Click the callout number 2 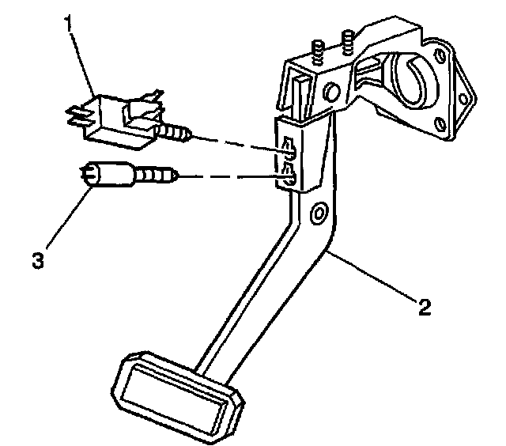[425, 308]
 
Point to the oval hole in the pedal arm [318, 214]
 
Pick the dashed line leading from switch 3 [229, 175]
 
